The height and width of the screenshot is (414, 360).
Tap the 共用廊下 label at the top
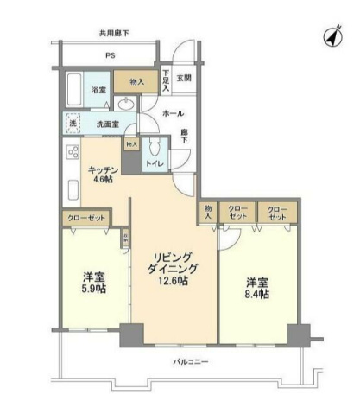[113, 34]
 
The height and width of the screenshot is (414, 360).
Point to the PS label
[110, 57]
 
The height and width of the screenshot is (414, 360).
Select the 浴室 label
[98, 90]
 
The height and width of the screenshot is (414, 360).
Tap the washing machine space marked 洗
[73, 124]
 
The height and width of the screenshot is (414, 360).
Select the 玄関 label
[184, 78]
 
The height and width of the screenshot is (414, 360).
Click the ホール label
[172, 113]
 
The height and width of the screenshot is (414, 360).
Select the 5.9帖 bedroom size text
[94, 288]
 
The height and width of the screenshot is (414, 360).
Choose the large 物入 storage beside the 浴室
[136, 81]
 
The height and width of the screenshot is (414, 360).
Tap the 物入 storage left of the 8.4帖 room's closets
[209, 213]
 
